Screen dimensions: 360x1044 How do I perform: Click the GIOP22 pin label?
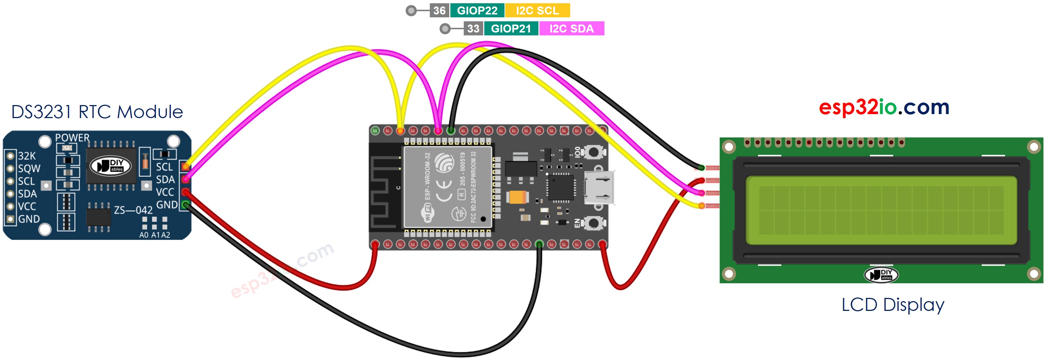(x=477, y=10)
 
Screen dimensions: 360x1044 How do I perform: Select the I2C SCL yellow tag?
(x=537, y=10)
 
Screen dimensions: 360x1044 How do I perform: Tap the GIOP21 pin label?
(x=511, y=29)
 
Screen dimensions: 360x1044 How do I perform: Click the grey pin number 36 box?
(x=439, y=10)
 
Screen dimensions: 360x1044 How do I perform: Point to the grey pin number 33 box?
(x=473, y=29)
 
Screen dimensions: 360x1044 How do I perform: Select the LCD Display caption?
(x=892, y=305)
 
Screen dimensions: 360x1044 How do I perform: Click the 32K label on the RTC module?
(x=27, y=156)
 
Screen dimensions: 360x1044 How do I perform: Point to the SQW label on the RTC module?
(x=29, y=169)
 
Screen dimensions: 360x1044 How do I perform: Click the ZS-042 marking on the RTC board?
(x=133, y=210)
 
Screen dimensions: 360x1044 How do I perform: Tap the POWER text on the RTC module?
(x=72, y=138)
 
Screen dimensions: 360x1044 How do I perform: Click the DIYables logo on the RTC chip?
(x=111, y=165)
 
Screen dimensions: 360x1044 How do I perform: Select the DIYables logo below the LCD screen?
(x=881, y=275)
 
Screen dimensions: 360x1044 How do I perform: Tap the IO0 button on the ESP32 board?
(x=593, y=152)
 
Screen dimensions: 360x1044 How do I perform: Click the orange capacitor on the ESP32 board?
(x=517, y=198)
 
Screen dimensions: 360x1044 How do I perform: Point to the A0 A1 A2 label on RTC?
(x=154, y=235)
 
